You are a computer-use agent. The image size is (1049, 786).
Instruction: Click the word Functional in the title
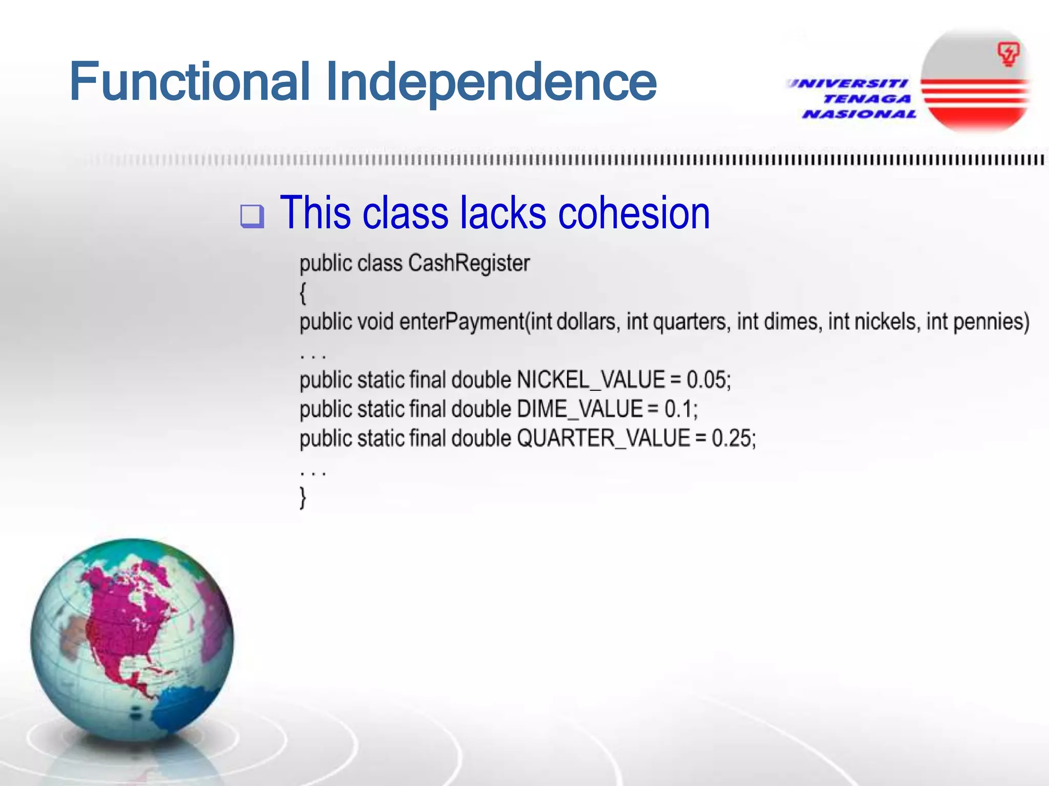click(190, 82)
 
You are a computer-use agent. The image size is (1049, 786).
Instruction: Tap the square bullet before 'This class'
click(252, 215)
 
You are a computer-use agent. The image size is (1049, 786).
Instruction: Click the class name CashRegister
click(469, 264)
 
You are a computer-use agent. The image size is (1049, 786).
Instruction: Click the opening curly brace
click(303, 293)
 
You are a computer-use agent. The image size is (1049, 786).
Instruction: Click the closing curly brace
click(303, 497)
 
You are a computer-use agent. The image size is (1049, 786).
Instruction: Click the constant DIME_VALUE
click(579, 409)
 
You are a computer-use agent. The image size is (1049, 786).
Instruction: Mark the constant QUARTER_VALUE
click(603, 439)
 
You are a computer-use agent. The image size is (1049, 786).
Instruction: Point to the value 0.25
click(732, 439)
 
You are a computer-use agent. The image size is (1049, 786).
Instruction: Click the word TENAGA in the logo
click(867, 99)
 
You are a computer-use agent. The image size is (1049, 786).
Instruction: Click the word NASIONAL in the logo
click(859, 114)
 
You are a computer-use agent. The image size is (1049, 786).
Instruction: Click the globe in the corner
click(132, 640)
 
